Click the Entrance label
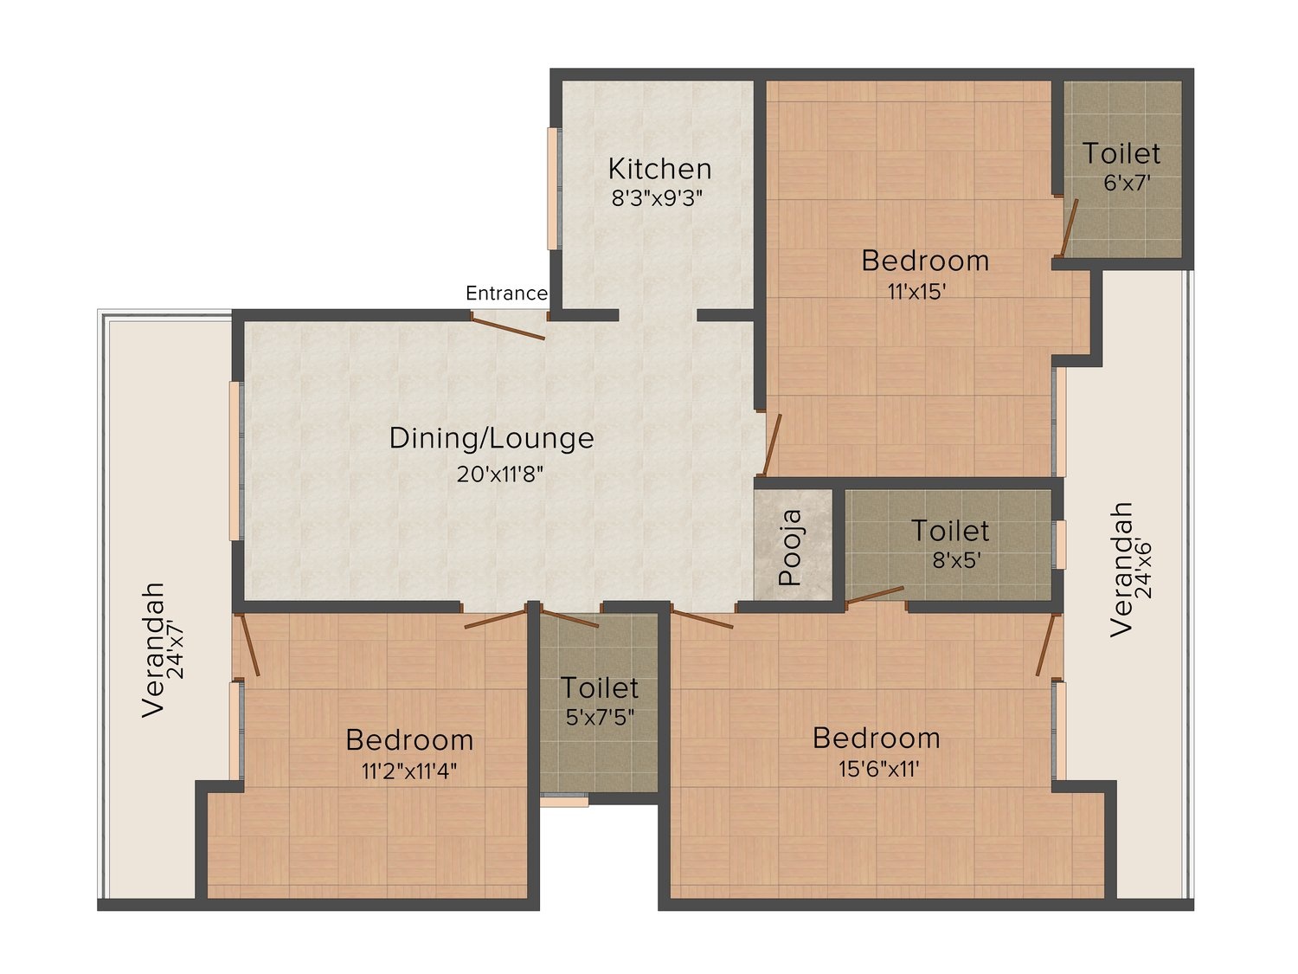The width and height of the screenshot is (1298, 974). click(x=506, y=293)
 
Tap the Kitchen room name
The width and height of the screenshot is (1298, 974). click(x=659, y=169)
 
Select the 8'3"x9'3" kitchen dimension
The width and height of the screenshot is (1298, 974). click(x=657, y=198)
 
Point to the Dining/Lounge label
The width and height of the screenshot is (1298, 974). click(x=492, y=438)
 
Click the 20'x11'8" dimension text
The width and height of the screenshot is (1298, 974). click(x=499, y=474)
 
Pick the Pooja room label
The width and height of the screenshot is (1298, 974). click(x=791, y=548)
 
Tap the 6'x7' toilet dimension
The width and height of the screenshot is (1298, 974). click(x=1127, y=183)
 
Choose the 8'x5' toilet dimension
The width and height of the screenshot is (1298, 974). click(x=956, y=559)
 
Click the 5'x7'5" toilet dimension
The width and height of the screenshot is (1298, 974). click(x=600, y=717)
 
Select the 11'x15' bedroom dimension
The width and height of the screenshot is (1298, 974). click(x=917, y=291)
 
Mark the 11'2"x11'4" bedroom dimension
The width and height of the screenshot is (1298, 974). click(x=409, y=771)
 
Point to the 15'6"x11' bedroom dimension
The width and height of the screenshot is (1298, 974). click(x=878, y=769)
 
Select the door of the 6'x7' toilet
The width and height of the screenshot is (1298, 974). click(x=1070, y=228)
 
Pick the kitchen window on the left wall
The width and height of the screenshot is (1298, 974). click(x=552, y=189)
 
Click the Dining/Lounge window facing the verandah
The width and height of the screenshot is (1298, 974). click(x=236, y=461)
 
